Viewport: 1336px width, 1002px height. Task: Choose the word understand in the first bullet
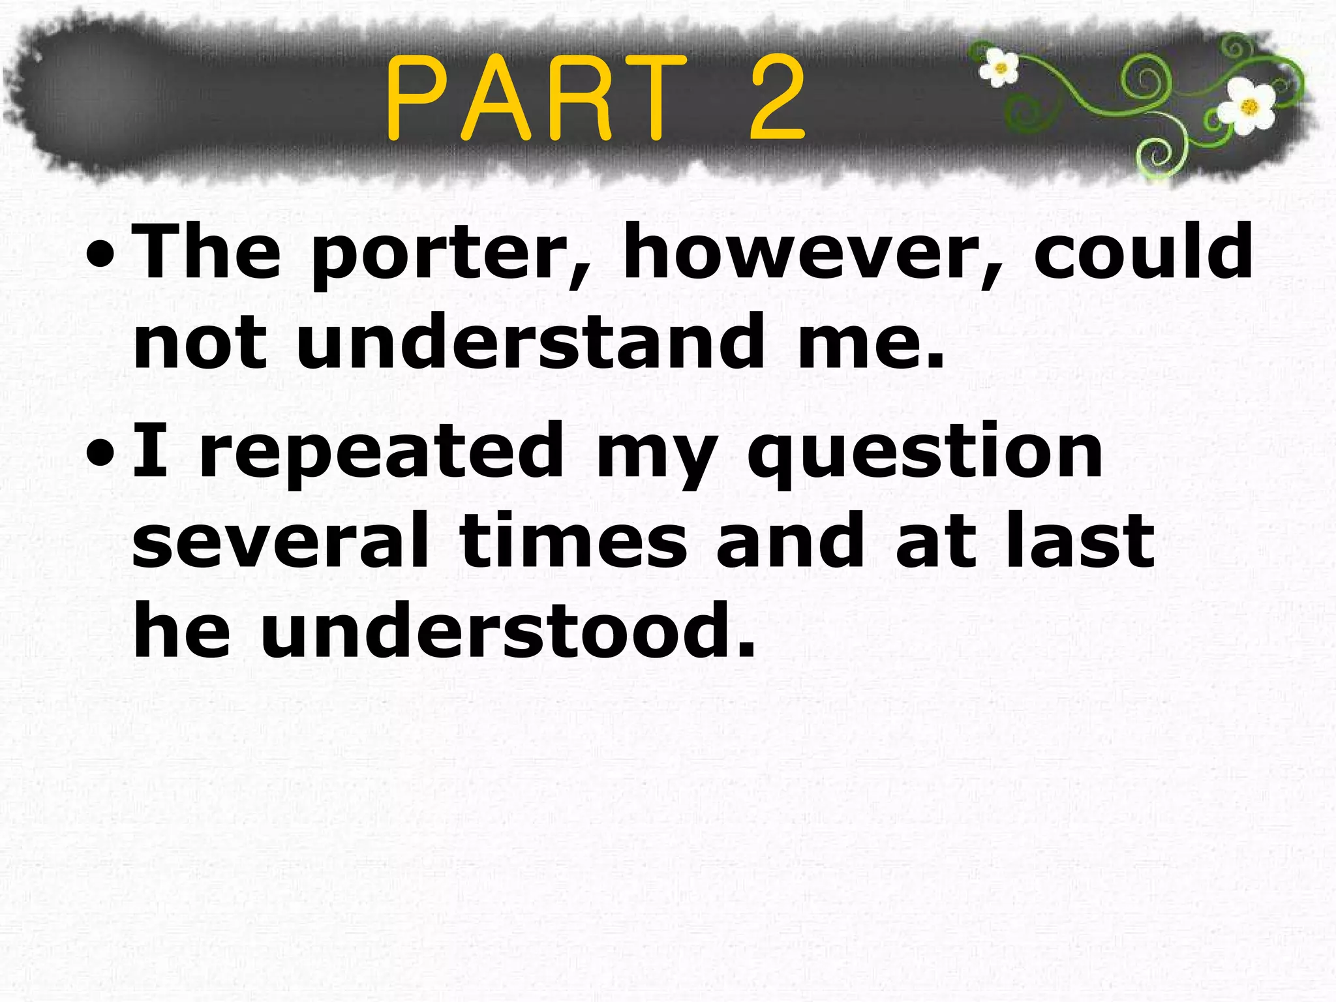point(530,341)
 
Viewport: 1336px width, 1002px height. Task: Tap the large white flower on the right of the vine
point(1248,106)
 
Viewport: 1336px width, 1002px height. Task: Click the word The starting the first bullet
point(207,251)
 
